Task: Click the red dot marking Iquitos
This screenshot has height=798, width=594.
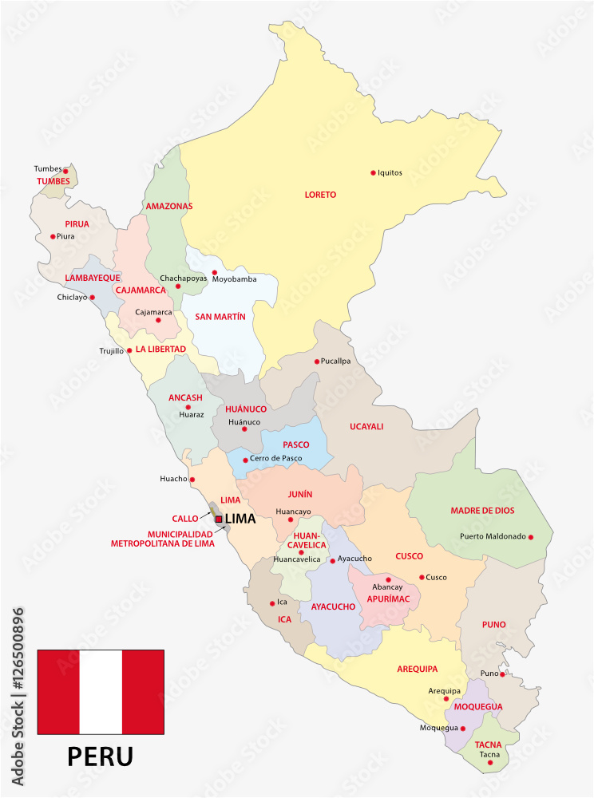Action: point(373,172)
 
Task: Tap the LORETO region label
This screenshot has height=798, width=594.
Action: point(320,195)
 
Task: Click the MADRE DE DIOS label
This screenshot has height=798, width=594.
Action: point(482,511)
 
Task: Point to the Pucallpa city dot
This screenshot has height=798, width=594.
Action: point(317,361)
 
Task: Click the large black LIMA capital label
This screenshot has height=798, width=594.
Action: point(240,519)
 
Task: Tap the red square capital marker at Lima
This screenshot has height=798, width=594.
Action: point(220,519)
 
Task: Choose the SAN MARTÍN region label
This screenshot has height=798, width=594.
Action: point(220,317)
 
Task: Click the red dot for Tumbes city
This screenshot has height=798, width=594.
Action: point(66,170)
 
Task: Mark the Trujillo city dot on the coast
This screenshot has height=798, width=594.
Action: point(130,350)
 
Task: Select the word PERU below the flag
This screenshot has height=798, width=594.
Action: point(100,755)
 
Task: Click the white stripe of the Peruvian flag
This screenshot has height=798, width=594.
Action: point(101,692)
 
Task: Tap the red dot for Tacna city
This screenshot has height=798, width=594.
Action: point(490,763)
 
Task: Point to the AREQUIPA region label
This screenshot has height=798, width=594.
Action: point(418,670)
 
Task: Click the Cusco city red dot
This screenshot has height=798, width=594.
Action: point(422,577)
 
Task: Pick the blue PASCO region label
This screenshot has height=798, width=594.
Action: point(296,444)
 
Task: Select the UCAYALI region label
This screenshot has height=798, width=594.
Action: point(366,426)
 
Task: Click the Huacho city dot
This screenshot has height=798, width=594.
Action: point(192,480)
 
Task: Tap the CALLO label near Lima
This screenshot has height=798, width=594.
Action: point(184,519)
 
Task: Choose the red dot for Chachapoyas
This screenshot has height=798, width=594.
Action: point(178,286)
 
